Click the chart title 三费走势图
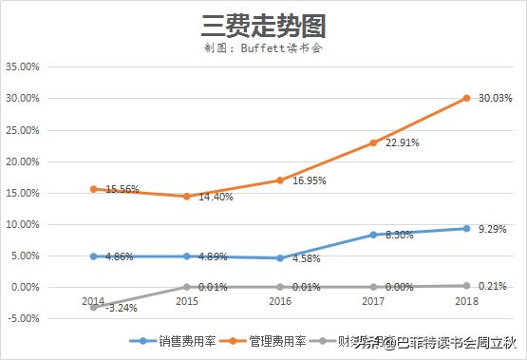263,25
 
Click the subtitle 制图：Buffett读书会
263,47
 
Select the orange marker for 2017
373,142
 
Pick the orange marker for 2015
186,197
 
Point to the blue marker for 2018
466,228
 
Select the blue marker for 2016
280,258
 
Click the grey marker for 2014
93,307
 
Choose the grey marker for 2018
466,285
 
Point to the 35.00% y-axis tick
23,67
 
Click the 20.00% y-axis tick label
23,161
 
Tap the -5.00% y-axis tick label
23,318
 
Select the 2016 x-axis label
280,301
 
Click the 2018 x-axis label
466,301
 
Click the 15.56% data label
120,190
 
